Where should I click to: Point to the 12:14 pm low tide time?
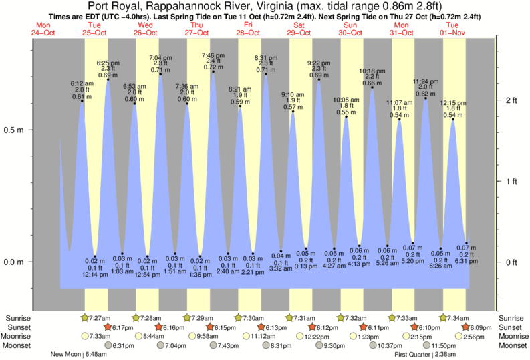coord(95,275)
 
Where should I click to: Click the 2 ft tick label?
coord(511,101)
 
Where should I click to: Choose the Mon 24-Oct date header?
coord(41,29)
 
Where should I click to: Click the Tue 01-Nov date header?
coord(453,29)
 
